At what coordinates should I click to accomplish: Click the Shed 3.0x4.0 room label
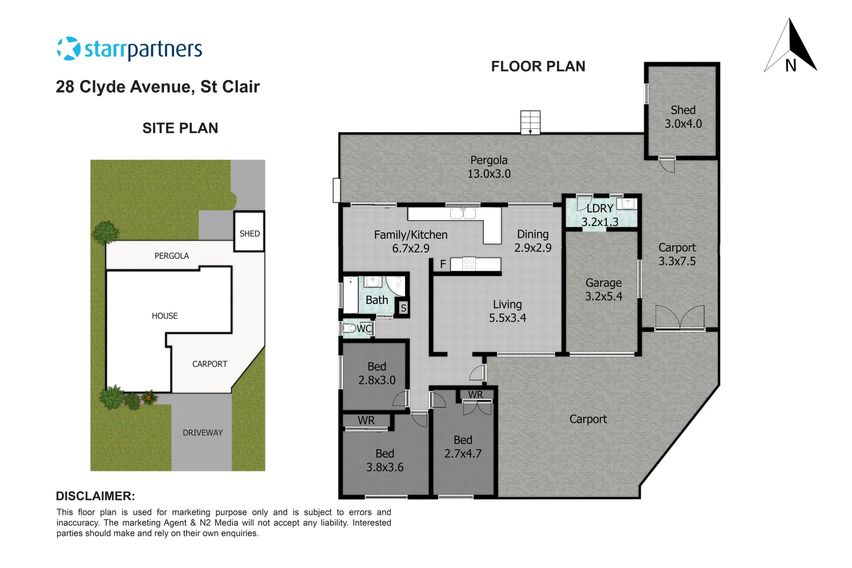683,117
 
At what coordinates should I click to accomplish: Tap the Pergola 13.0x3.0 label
489,167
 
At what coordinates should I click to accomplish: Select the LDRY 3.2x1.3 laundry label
600,215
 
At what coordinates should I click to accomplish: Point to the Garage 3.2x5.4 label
603,290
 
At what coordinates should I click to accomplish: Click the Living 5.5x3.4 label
507,311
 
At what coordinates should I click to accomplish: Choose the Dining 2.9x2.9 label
532,241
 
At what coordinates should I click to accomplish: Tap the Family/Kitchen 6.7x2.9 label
410,241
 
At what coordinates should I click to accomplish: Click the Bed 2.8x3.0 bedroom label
377,373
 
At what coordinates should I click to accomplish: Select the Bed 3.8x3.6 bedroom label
384,460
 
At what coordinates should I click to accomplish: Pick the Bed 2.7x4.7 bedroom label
463,447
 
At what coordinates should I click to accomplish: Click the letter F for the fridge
443,264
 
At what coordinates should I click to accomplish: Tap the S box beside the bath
403,308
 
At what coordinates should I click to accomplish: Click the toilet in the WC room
349,329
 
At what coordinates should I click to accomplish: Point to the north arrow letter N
790,66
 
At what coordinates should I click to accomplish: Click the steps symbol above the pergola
530,122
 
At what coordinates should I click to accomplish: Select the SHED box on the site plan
249,232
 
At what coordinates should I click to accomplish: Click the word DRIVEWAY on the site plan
202,433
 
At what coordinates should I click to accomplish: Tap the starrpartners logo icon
68,49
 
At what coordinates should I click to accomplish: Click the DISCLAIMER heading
95,496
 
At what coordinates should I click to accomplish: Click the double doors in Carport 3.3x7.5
679,317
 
